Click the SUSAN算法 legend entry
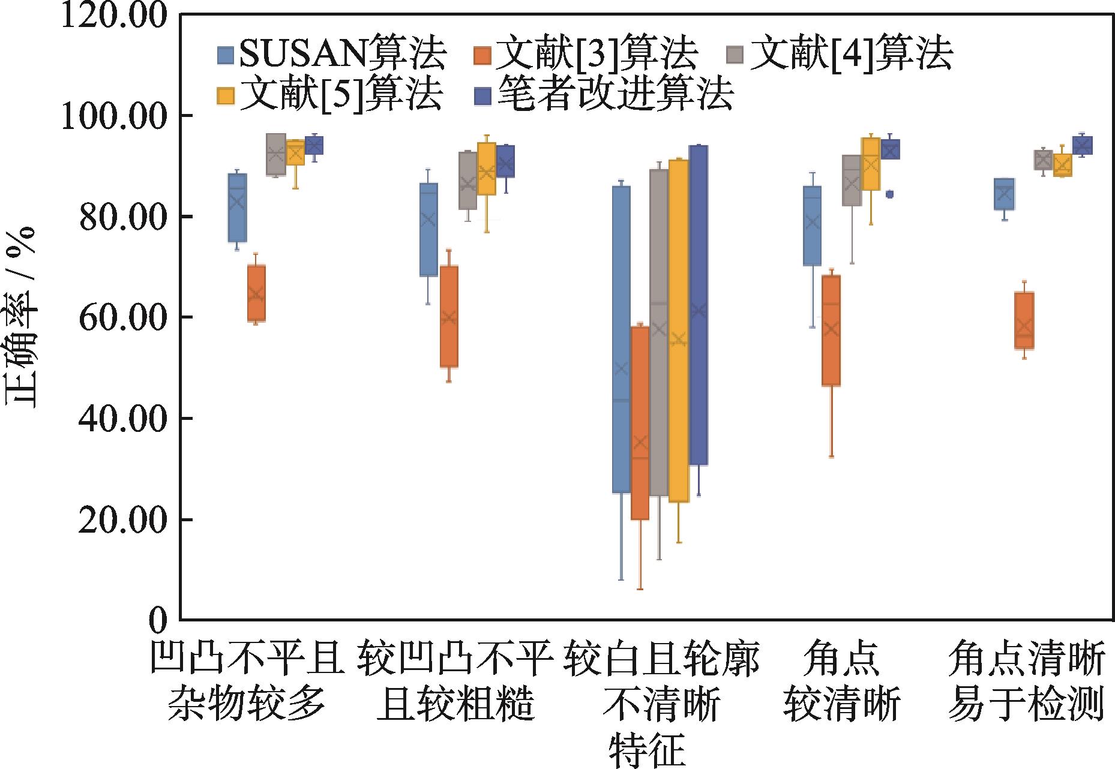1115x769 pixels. [331, 55]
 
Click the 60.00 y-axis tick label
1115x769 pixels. [114, 317]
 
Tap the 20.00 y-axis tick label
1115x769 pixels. [114, 519]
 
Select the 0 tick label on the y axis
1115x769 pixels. [157, 620]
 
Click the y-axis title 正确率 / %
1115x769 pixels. [22, 318]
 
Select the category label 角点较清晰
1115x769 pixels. [841, 682]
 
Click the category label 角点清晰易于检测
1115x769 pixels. [1026, 682]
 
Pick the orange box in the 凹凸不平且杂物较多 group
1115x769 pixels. [256, 293]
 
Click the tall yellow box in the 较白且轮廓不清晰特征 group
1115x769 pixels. [679, 331]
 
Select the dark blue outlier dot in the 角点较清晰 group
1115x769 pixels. [889, 194]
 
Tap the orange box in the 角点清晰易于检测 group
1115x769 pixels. [1024, 320]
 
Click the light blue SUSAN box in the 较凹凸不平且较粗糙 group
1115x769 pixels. [428, 229]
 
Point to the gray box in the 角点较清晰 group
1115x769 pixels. [852, 181]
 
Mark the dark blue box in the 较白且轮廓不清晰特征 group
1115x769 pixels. [698, 305]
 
